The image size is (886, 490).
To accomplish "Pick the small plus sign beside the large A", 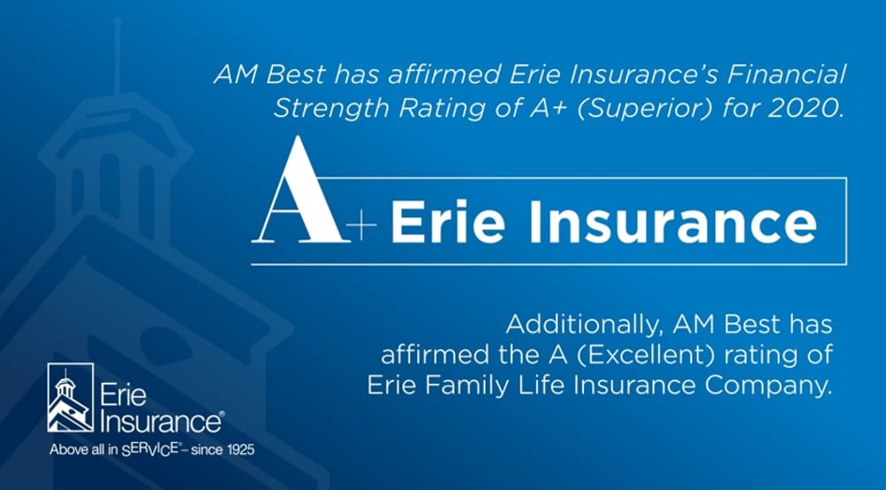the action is tap(361, 225).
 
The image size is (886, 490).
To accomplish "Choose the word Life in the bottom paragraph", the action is tap(544, 385).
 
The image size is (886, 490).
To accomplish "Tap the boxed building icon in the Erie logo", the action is tap(71, 398).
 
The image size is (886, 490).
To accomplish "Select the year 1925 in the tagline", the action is tap(241, 450).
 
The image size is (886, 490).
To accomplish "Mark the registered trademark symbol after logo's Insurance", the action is tap(221, 415).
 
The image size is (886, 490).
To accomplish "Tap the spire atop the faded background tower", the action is tap(118, 56).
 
